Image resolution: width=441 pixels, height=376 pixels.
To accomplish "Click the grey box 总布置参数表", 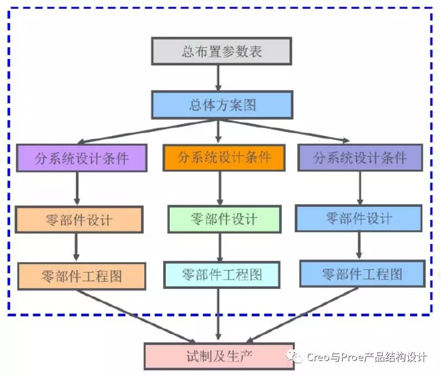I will pos(221,52).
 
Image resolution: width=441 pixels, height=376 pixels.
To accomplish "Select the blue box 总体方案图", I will pos(221,105).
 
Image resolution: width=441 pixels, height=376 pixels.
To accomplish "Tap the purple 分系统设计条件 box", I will pos(82,158).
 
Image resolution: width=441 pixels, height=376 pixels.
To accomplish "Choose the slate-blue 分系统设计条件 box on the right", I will pos(359,158).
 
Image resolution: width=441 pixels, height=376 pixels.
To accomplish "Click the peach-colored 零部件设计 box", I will pos(79,219).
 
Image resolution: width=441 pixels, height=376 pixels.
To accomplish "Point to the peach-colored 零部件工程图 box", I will pos(82,276).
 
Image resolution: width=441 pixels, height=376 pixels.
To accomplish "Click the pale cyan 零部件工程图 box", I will pos(221,274).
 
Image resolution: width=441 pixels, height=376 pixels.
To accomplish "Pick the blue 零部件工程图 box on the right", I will pos(362,274).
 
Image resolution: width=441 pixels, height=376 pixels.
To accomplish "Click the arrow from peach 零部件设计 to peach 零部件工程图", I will pos(76,247).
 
